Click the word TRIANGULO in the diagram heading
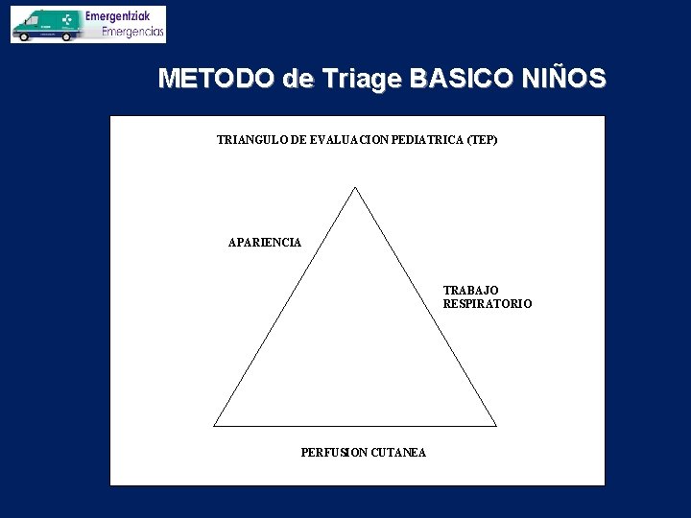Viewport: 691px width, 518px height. pos(253,140)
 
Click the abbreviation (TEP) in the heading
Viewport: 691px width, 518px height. pos(481,140)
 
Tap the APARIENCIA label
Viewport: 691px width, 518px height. pos(264,243)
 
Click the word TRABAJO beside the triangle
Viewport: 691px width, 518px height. pos(470,290)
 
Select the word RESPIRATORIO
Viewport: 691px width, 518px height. pos(487,304)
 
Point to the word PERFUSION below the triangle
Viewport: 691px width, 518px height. pos(334,453)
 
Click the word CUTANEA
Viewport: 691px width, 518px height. pos(398,453)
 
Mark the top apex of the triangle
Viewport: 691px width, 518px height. pos(356,188)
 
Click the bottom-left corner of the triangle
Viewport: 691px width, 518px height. pos(214,426)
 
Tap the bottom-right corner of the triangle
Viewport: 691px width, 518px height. pos(496,426)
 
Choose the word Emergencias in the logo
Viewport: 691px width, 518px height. pos(132,32)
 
